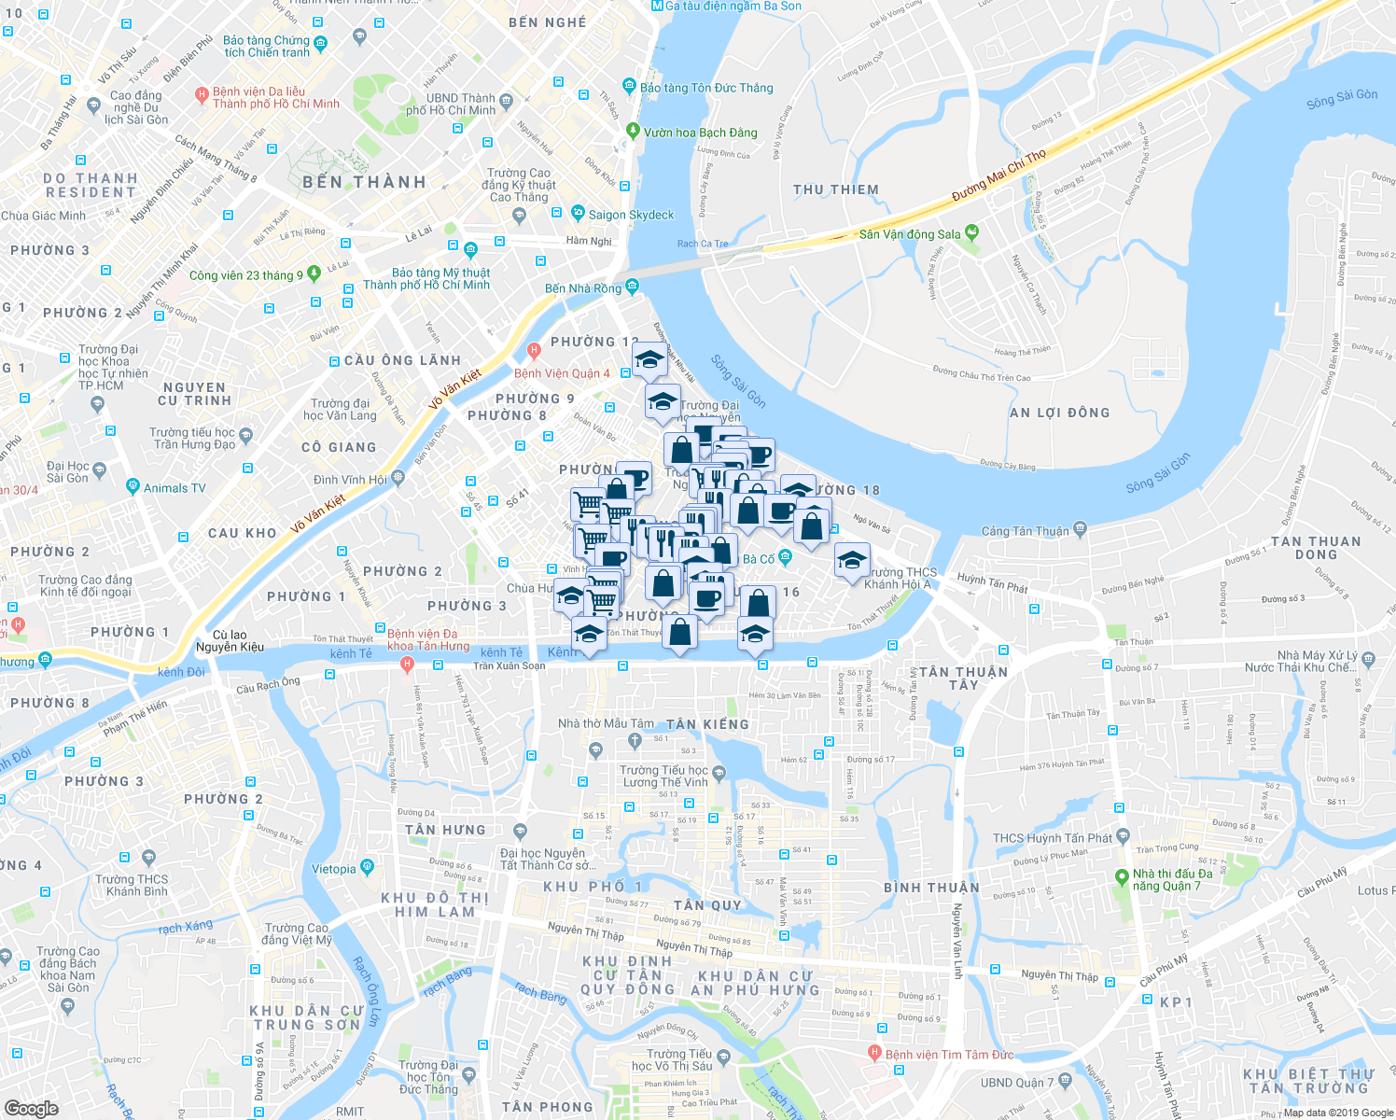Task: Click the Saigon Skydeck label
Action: [x=631, y=215]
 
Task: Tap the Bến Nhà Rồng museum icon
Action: [x=633, y=286]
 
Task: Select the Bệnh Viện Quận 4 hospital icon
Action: [x=534, y=352]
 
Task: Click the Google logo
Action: [x=31, y=1109]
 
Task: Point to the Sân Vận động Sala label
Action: [x=909, y=234]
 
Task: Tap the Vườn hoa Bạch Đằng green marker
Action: [x=634, y=131]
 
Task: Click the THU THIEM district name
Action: [x=836, y=189]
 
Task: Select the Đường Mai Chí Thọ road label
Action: [x=998, y=175]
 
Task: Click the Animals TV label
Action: [x=174, y=488]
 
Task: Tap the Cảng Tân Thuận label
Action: [x=1025, y=531]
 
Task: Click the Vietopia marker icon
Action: [x=367, y=867]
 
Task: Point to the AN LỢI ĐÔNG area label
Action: [x=1060, y=413]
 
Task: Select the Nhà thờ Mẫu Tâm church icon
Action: [x=635, y=741]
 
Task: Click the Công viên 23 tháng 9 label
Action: [x=245, y=275]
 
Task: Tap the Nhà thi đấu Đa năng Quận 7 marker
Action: [x=1122, y=877]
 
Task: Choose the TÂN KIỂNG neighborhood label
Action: [x=707, y=724]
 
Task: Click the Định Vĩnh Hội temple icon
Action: [x=398, y=479]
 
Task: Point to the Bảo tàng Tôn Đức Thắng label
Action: [x=706, y=88]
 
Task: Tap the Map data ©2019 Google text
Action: [x=1338, y=1113]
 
